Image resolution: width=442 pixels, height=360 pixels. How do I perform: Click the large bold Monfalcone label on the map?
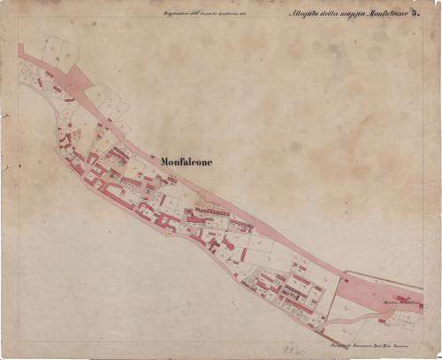(x=187, y=160)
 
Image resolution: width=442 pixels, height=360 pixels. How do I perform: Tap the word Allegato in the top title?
(x=306, y=13)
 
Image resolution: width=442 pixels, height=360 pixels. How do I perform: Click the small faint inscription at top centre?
(x=204, y=12)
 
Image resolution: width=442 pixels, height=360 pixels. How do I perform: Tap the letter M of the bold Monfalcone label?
(x=166, y=160)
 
